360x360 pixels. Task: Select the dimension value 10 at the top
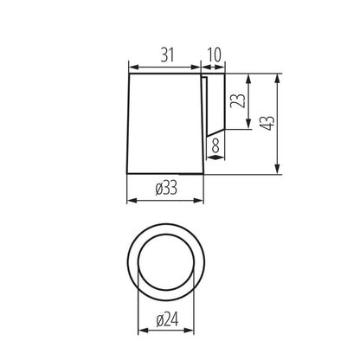(x=214, y=54)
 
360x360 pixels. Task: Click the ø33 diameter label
(x=165, y=188)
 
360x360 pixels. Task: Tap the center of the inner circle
(x=165, y=262)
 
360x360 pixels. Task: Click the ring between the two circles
(x=133, y=262)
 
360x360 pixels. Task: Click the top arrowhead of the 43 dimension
(x=277, y=78)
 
